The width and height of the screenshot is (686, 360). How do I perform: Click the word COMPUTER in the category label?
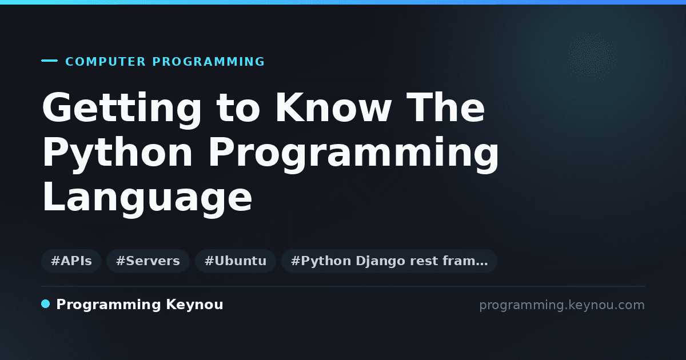[105, 62]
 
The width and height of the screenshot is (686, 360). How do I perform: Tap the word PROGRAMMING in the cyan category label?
[208, 62]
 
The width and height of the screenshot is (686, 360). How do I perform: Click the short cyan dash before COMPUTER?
[49, 61]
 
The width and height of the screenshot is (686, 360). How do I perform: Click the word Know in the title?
[333, 107]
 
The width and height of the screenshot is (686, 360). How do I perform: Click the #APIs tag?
[71, 261]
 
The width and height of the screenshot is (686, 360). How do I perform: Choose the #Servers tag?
[148, 261]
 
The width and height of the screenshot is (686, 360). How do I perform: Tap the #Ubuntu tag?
[236, 261]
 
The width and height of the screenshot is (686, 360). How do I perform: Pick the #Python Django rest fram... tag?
[389, 261]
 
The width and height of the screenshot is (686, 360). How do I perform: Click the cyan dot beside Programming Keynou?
[46, 304]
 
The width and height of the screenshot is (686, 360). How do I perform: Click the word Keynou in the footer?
[194, 305]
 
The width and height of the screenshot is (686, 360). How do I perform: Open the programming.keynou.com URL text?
[562, 305]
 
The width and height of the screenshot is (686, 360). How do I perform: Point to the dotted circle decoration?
[591, 57]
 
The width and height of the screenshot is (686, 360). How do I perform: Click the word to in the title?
[238, 109]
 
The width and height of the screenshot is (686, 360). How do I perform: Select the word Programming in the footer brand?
[109, 305]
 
